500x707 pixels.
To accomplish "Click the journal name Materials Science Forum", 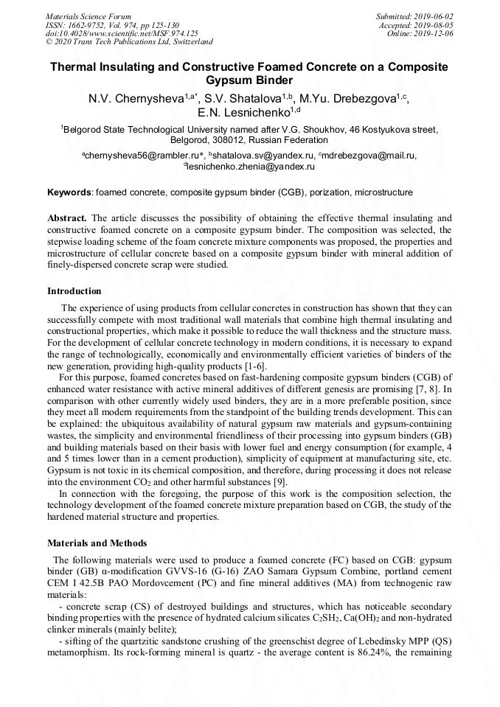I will [x=88, y=16].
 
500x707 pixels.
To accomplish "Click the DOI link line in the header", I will [x=122, y=33].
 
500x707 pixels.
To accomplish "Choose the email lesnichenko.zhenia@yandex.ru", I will [x=251, y=167].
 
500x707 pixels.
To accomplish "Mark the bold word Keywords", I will [x=69, y=192].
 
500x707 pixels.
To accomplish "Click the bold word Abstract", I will [x=67, y=218].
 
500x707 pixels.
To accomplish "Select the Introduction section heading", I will [x=74, y=291].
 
